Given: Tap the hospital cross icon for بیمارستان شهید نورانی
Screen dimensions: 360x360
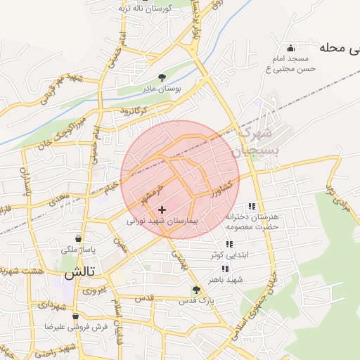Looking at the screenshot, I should (163, 210).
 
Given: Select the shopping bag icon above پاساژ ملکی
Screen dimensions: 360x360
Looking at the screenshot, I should (86, 239).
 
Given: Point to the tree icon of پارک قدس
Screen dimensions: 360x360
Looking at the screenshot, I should (197, 290).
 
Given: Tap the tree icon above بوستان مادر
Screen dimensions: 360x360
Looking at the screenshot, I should (162, 79).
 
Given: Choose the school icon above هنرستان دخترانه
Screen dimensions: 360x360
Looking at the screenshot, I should (252, 206).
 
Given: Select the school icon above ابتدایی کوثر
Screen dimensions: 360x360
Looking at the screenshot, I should (229, 244).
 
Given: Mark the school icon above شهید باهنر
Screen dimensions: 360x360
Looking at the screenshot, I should (225, 269).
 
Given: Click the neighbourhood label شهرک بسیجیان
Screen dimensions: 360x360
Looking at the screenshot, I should (259, 141).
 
